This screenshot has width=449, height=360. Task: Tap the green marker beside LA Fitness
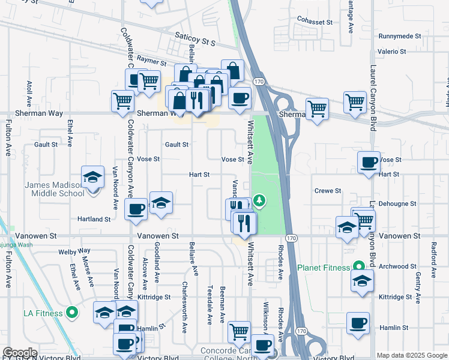pos(72,312)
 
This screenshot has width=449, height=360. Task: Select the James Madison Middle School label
pos(54,189)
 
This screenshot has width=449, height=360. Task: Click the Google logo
pos(20,353)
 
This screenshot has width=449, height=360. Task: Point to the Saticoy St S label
pos(194,40)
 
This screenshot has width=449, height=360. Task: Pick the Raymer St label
pos(151,61)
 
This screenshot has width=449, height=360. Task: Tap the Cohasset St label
pos(315,22)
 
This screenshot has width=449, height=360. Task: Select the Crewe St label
pos(328,191)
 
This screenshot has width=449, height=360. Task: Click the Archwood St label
pos(397,266)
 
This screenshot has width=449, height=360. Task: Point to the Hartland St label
pos(94,220)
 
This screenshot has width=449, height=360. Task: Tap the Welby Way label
pos(75,251)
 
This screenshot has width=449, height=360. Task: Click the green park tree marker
pos(259,200)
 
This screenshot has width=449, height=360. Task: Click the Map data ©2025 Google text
pos(412,356)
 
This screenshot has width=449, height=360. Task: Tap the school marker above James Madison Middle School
pos(92,178)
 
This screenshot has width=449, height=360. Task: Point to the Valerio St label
pos(392,52)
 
